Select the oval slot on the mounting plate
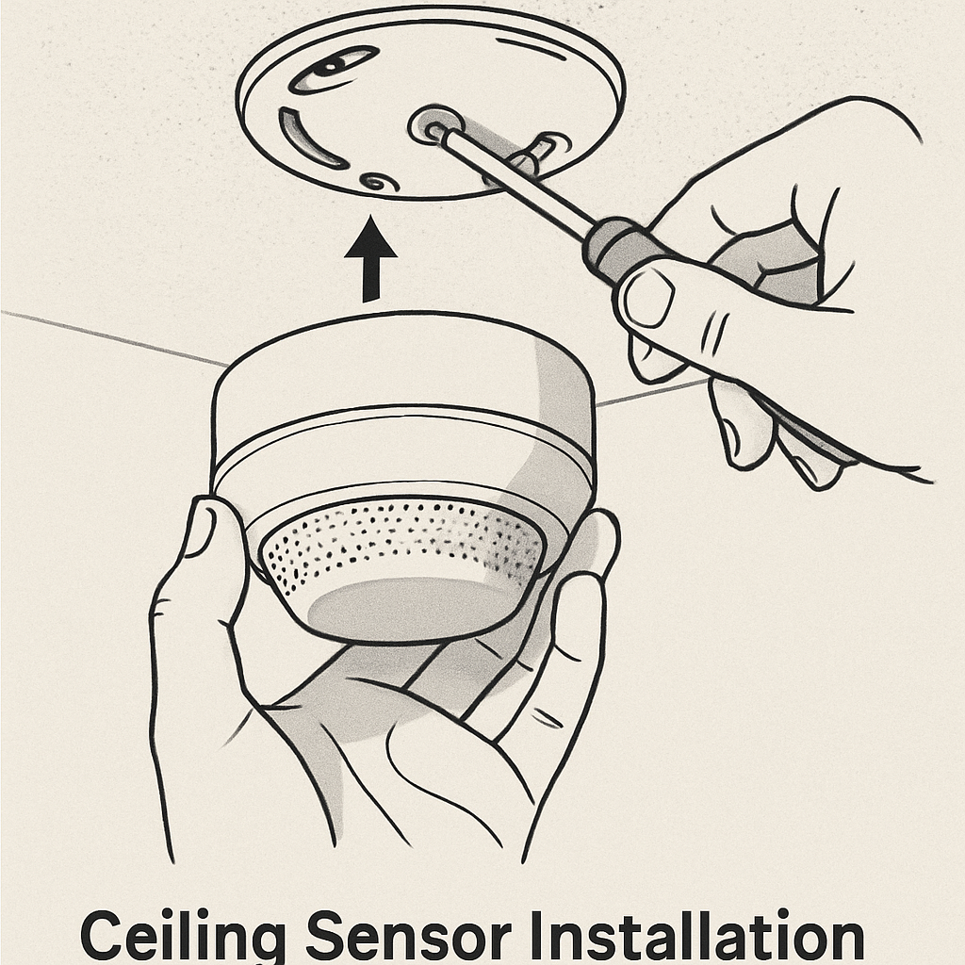pos(333,71)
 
